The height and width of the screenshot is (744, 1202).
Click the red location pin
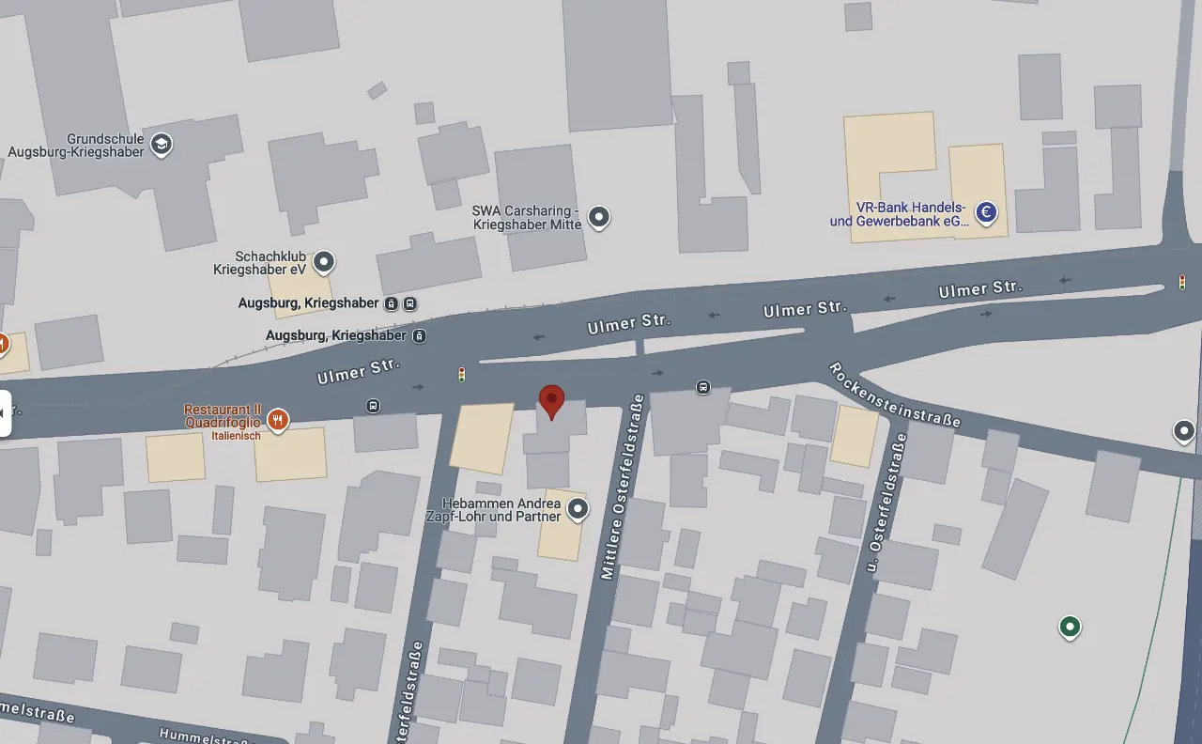(x=552, y=400)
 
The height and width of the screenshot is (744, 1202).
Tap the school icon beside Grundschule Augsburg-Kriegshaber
(x=162, y=145)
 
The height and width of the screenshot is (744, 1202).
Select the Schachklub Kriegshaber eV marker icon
(x=324, y=261)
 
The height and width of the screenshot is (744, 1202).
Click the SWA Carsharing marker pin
(x=598, y=218)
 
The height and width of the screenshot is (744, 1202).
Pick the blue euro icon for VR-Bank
(x=986, y=213)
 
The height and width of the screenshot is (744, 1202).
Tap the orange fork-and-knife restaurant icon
(x=277, y=419)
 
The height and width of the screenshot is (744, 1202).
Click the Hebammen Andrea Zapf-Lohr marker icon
(x=578, y=509)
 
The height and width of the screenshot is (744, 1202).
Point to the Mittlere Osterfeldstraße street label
(x=620, y=486)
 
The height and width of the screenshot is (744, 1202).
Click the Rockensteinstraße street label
(x=894, y=395)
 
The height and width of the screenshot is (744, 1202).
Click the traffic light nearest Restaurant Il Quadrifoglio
(x=461, y=375)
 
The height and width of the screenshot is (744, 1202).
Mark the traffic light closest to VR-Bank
(x=1181, y=281)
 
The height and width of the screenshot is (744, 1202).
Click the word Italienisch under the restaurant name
(x=235, y=436)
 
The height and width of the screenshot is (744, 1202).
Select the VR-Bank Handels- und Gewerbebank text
(x=899, y=214)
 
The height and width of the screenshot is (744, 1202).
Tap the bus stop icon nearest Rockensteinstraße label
(x=702, y=387)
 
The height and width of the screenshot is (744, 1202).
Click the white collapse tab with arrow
(x=5, y=412)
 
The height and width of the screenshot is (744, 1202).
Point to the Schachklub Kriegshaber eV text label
(x=260, y=262)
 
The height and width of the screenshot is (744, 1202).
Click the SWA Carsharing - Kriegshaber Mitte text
(x=526, y=218)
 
